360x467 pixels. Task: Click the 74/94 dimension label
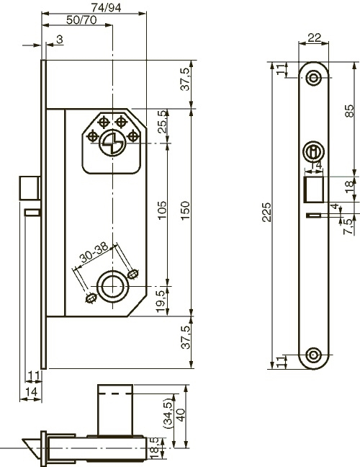click(x=106, y=7)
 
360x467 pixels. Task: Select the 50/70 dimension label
click(x=81, y=20)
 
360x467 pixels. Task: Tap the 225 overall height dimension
click(x=267, y=212)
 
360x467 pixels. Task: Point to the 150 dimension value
click(x=185, y=210)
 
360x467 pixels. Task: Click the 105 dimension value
click(x=162, y=210)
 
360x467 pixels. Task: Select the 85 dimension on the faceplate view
click(x=350, y=111)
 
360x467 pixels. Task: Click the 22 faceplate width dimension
click(x=314, y=37)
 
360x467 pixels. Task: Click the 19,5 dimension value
click(x=161, y=301)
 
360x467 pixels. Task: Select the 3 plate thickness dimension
click(x=60, y=39)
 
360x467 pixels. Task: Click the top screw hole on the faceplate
click(x=313, y=78)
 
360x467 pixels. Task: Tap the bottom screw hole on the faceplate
click(x=313, y=355)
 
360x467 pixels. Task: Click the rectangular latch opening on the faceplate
click(x=313, y=190)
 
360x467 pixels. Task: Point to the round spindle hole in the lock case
click(x=112, y=287)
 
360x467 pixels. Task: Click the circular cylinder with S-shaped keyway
click(x=112, y=143)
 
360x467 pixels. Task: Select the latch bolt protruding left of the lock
click(x=30, y=188)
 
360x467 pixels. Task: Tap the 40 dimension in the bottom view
click(x=181, y=414)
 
